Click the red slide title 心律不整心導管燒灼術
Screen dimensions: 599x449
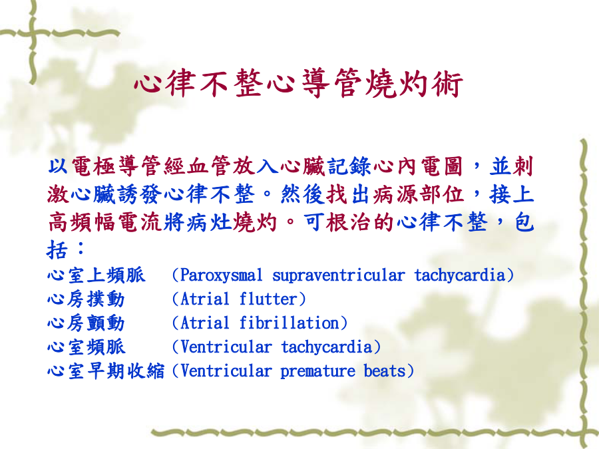point(299,83)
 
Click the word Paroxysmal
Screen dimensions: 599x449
point(221,275)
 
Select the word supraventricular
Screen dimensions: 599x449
point(339,275)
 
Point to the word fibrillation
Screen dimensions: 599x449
point(290,323)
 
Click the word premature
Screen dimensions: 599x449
point(317,371)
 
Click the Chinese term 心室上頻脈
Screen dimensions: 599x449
point(97,275)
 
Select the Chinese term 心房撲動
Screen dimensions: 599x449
point(86,299)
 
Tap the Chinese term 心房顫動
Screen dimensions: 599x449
point(86,323)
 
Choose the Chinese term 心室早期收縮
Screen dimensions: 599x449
point(106,371)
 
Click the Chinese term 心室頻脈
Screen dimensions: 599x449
point(86,347)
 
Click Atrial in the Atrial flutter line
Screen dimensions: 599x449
point(205,299)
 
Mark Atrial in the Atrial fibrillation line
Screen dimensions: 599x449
point(205,323)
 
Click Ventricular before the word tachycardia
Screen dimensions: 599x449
point(226,347)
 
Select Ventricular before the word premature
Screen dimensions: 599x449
point(226,371)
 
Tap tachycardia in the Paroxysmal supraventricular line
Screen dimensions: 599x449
point(460,275)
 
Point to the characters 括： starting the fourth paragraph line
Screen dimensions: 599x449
point(66,249)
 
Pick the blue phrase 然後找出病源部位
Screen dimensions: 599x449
point(372,194)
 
